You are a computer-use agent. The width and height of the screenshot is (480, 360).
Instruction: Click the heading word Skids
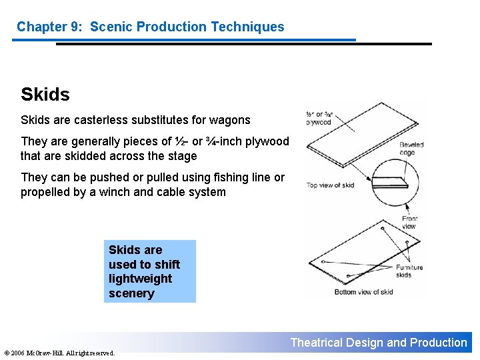[x=45, y=95]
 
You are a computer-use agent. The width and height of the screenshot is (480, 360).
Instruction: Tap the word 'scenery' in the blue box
[x=131, y=293]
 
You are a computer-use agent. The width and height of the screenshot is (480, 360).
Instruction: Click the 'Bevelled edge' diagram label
[x=411, y=149]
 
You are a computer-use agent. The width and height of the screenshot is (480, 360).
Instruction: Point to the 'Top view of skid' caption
[x=330, y=185]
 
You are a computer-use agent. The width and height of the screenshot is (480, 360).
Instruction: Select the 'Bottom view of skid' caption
[x=364, y=291]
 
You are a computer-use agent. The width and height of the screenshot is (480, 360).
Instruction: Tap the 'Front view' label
[x=409, y=223]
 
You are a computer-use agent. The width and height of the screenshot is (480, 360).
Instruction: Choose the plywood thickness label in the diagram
[x=318, y=119]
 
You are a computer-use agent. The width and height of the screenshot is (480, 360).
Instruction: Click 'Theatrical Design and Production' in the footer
[x=379, y=343]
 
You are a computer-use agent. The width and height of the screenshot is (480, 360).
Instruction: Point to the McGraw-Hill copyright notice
[x=59, y=353]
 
